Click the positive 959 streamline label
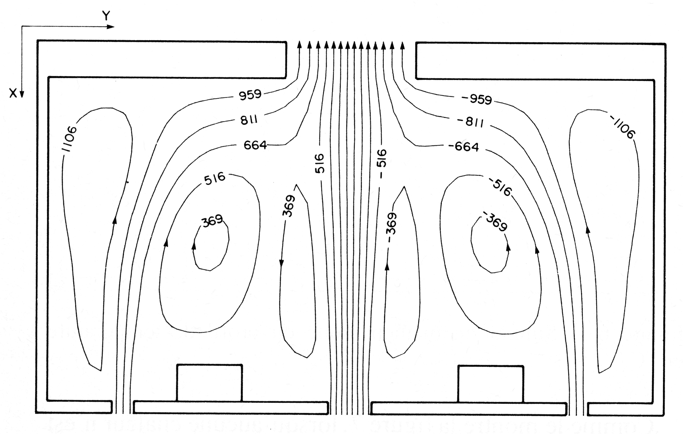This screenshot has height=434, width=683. (x=250, y=95)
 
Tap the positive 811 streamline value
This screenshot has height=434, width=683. (x=249, y=121)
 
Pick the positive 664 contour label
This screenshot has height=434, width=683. (x=255, y=145)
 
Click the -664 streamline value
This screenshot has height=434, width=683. (x=464, y=147)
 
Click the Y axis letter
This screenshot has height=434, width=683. (x=106, y=15)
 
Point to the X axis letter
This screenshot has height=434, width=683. (x=13, y=94)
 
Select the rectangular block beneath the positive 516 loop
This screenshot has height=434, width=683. (x=209, y=383)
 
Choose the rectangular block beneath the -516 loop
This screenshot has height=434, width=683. (x=490, y=384)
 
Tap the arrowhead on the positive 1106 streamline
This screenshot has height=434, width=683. (x=114, y=220)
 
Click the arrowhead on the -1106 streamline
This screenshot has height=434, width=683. (x=588, y=229)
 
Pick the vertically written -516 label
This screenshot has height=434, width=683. (x=381, y=163)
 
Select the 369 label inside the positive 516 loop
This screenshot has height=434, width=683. (x=212, y=221)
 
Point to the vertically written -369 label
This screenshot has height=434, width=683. (x=391, y=227)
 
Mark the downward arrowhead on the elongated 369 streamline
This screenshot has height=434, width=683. (x=281, y=263)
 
